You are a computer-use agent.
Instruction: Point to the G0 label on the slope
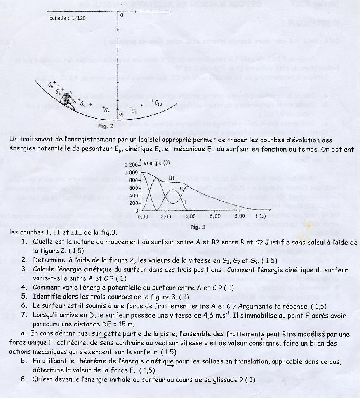pos(51,84)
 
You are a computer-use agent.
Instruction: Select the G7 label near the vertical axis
pos(122,114)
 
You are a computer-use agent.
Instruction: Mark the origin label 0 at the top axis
pos(122,15)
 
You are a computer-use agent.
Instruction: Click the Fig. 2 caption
pos(106,126)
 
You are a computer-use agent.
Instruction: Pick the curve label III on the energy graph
pos(171,177)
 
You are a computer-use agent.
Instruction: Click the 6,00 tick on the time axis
pos(216,216)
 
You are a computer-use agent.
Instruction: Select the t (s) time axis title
pos(260,216)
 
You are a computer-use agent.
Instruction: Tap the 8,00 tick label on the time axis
pos(240,216)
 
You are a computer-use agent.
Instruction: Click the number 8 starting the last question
pos(24,380)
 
